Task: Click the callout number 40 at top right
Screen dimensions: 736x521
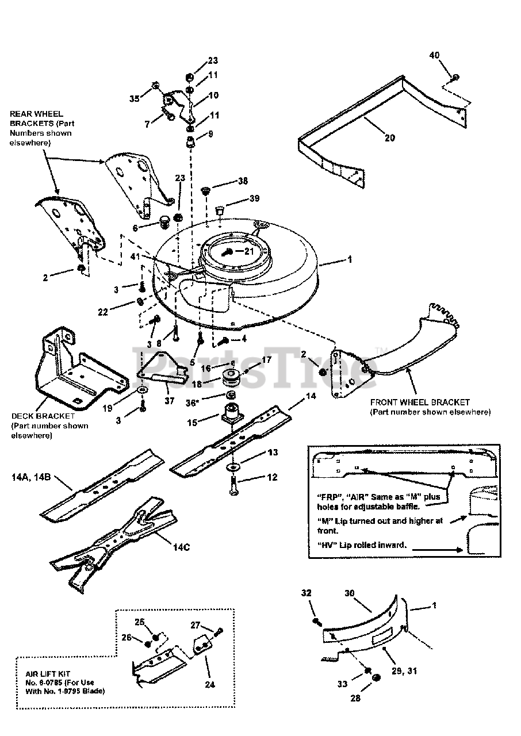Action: click(x=434, y=55)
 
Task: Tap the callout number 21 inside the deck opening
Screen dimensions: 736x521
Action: click(x=248, y=251)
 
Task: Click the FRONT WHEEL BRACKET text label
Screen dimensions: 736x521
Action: click(x=420, y=402)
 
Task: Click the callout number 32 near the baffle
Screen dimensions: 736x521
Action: click(x=306, y=592)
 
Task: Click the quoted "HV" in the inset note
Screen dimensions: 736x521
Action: click(x=327, y=545)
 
